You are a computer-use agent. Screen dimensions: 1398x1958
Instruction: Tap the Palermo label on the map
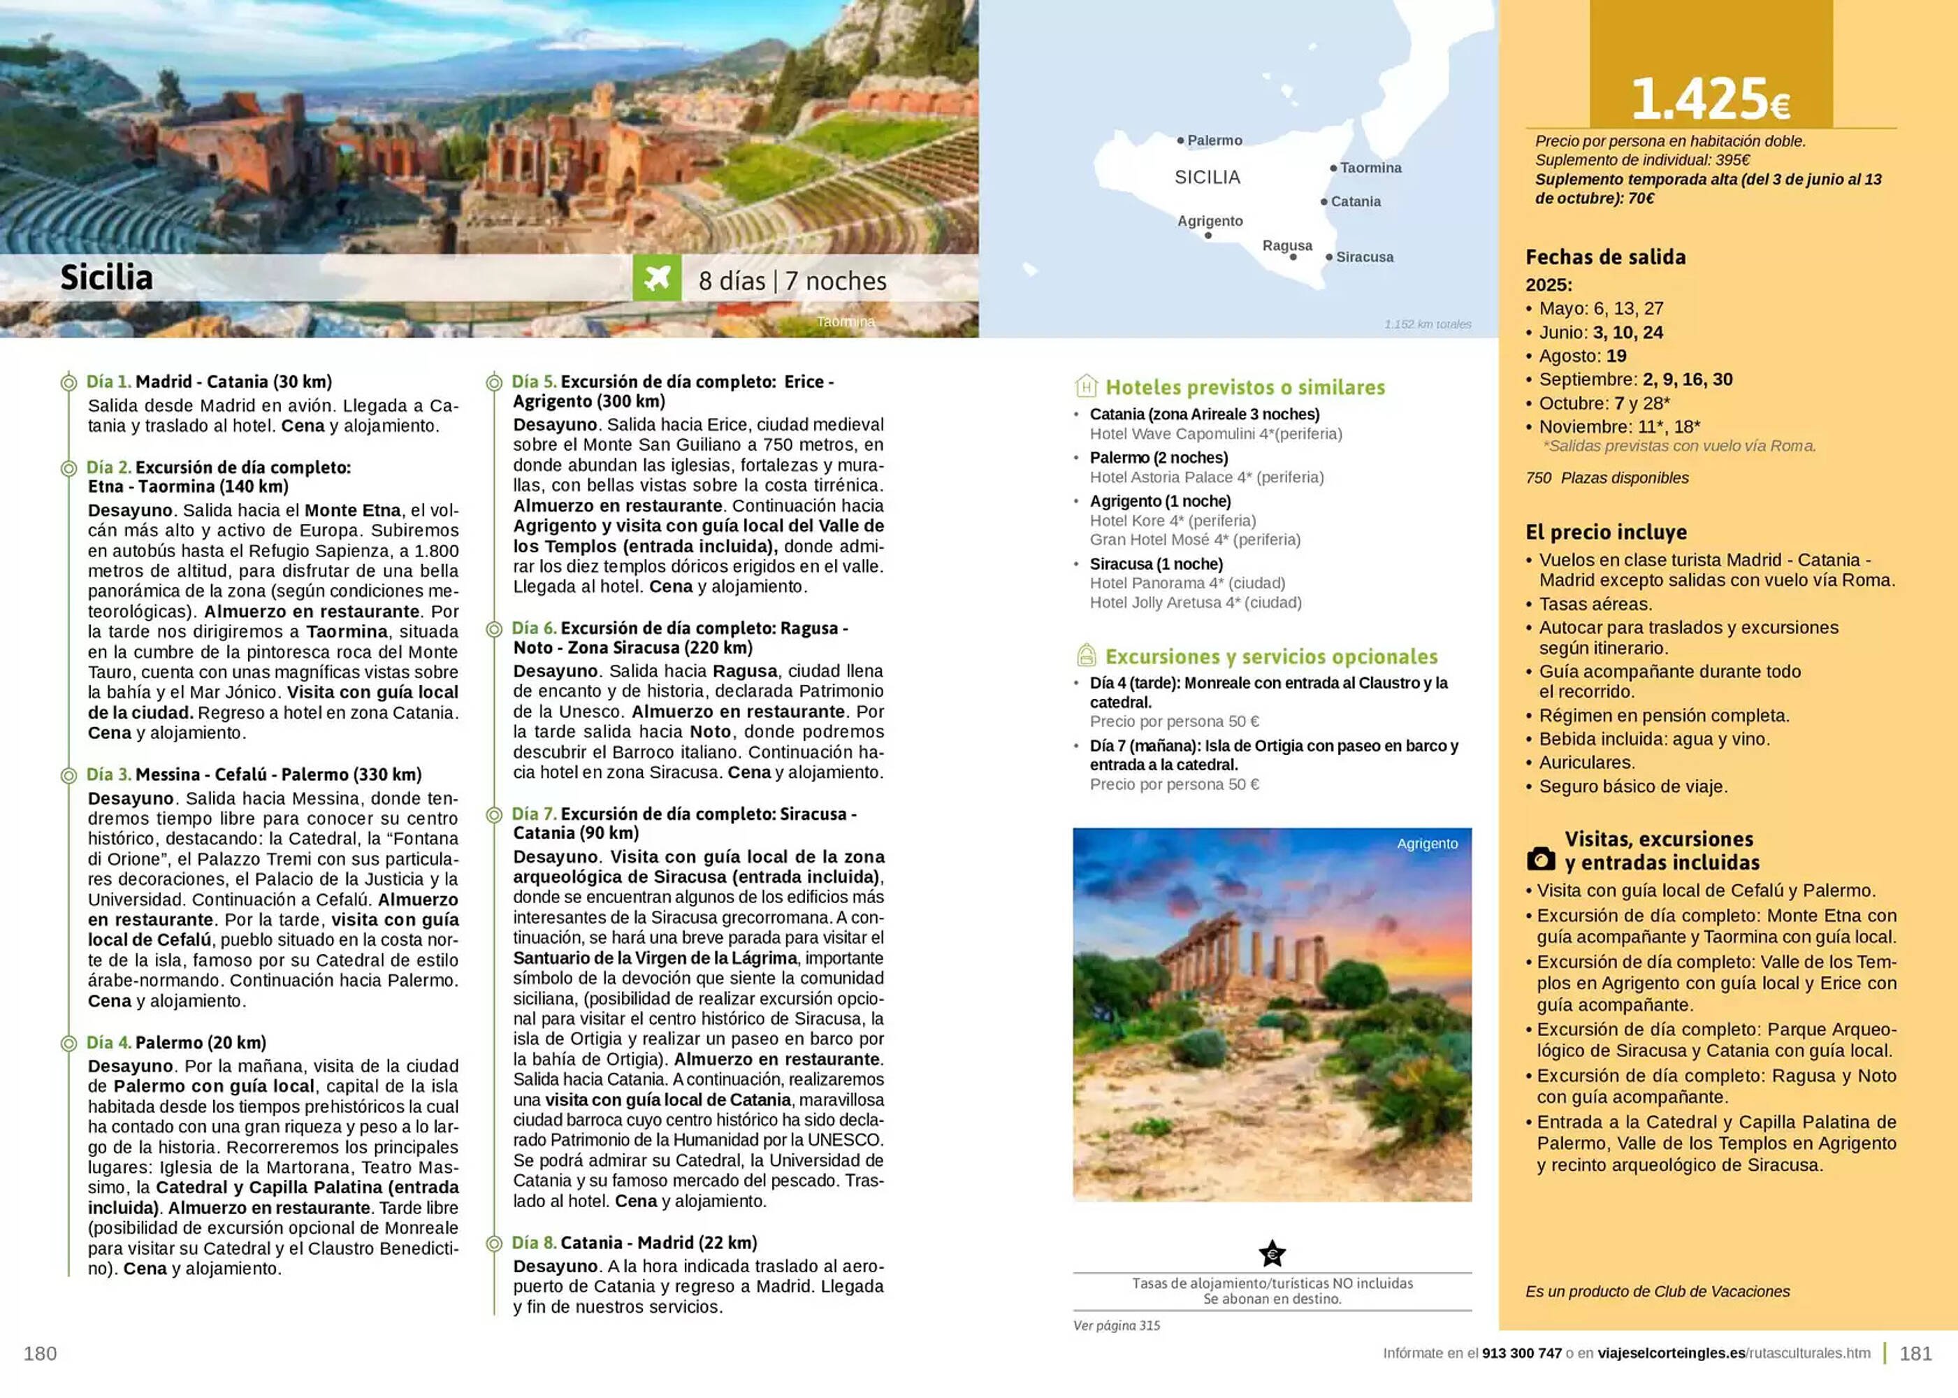coord(1214,140)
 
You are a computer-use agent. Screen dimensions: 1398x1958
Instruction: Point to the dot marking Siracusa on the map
coord(1329,257)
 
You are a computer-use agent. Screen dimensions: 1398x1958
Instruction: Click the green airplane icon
coord(657,278)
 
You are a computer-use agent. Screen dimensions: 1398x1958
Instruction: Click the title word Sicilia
coord(107,278)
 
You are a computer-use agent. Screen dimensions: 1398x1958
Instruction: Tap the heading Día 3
coord(108,774)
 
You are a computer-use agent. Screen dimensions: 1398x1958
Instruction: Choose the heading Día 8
coord(534,1242)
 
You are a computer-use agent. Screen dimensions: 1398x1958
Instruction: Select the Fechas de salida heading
coord(1605,257)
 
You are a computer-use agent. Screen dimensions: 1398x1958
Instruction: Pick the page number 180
coord(41,1353)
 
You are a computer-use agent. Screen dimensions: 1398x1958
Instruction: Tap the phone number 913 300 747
coord(1522,1353)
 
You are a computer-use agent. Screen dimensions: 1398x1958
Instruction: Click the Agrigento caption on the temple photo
coord(1427,844)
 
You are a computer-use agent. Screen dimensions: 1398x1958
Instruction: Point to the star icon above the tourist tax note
coord(1272,1253)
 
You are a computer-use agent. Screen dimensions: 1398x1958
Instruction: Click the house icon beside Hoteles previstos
coord(1086,386)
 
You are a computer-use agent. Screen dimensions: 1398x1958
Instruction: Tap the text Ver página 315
coord(1116,1326)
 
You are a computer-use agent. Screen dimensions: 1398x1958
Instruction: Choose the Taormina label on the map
coord(1370,168)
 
